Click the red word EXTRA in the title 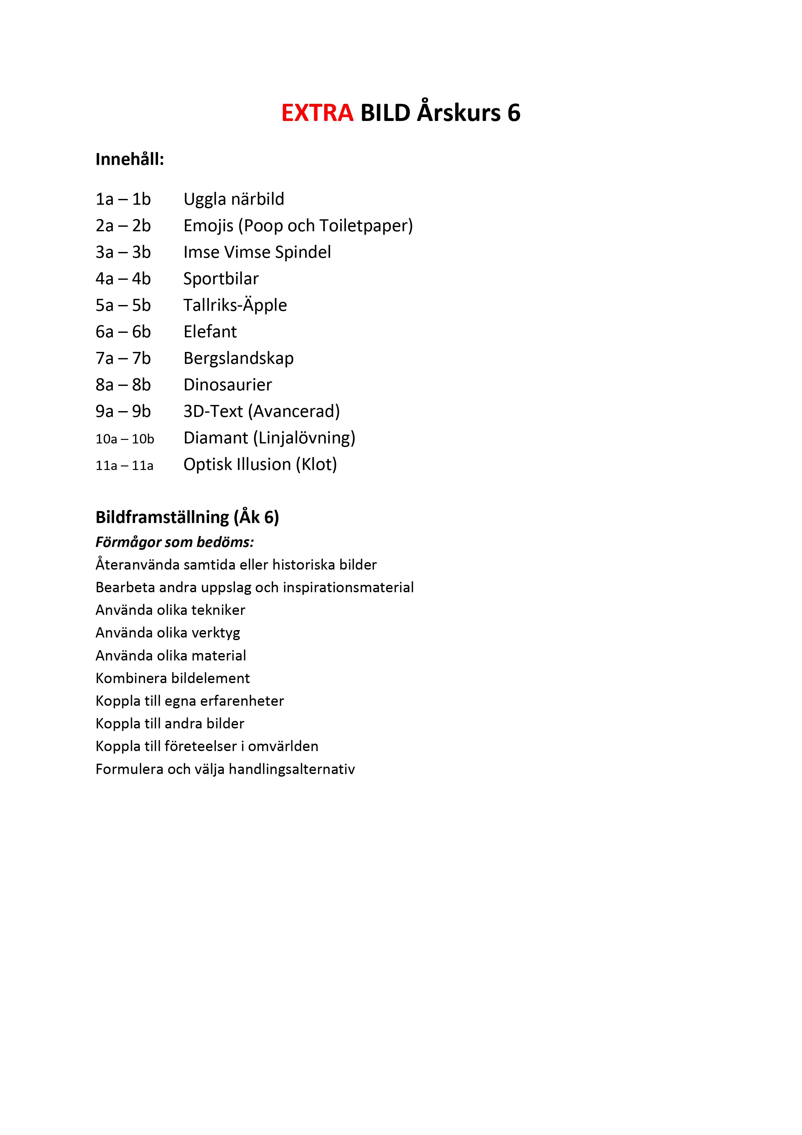pyautogui.click(x=317, y=113)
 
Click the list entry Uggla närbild pyautogui.click(x=234, y=199)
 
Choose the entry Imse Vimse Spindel pyautogui.click(x=257, y=252)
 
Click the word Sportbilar pyautogui.click(x=221, y=279)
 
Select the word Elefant pyautogui.click(x=210, y=332)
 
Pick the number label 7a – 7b pyautogui.click(x=123, y=358)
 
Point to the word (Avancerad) pyautogui.click(x=294, y=411)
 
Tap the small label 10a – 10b pyautogui.click(x=124, y=439)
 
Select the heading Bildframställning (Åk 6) pyautogui.click(x=187, y=517)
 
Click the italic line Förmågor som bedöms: pyautogui.click(x=175, y=542)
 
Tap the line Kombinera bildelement pyautogui.click(x=172, y=678)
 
